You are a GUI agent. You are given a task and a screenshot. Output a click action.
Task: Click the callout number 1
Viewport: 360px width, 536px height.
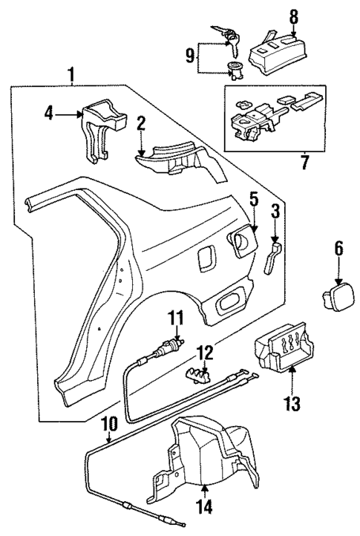coord(72,74)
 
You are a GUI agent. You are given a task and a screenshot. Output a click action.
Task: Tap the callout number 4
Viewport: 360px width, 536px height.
coord(48,114)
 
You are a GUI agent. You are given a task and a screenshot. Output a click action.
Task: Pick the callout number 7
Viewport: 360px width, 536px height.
coord(303,160)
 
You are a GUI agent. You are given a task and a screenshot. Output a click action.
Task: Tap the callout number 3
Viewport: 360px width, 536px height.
coord(275,213)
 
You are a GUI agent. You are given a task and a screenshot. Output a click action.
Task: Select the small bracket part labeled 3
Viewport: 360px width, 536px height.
coord(273,256)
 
